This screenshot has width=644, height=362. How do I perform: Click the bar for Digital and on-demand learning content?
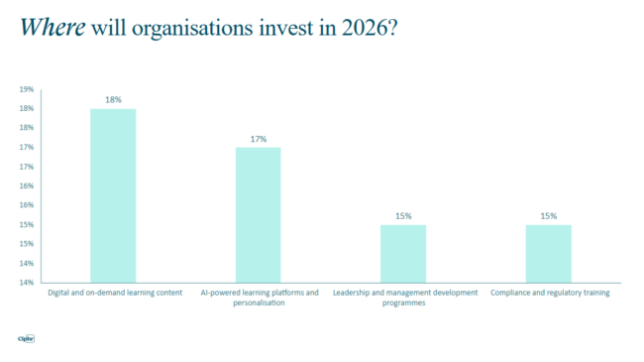(113, 195)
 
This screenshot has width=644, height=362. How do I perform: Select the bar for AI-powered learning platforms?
(258, 214)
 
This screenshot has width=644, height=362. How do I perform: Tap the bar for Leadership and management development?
(403, 253)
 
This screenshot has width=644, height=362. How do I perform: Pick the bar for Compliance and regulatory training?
(548, 253)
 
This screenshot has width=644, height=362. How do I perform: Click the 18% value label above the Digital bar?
(113, 100)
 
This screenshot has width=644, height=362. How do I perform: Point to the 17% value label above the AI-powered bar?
(258, 139)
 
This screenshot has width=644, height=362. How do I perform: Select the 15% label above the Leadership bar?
(403, 216)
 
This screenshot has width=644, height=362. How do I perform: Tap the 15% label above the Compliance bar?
(548, 216)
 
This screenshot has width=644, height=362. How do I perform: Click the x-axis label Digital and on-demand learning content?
(115, 294)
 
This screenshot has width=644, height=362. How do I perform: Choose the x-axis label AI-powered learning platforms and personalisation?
(258, 298)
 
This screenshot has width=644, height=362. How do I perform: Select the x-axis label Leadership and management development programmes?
(404, 298)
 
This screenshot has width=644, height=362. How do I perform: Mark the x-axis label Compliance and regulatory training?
(548, 294)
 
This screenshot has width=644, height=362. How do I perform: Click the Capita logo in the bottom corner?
(27, 338)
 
